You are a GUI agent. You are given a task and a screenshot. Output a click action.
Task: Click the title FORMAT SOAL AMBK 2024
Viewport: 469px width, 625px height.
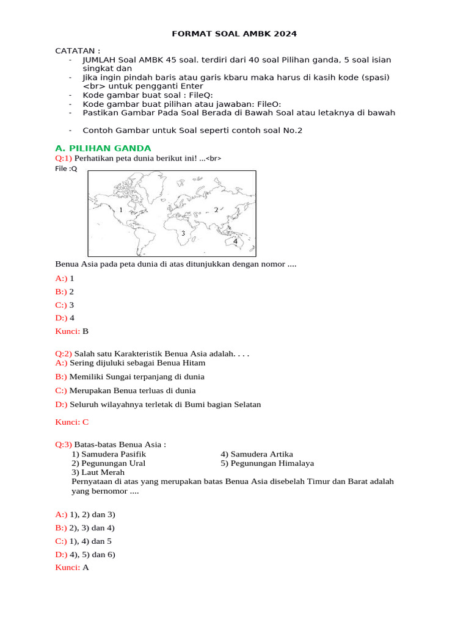[x=234, y=34]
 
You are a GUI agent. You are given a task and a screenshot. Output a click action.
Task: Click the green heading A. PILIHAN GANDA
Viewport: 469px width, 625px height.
[x=103, y=148]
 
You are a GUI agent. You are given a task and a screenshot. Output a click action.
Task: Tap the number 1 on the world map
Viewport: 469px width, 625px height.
[x=121, y=209]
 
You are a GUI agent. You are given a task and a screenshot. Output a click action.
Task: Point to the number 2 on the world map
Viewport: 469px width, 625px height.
[x=216, y=209]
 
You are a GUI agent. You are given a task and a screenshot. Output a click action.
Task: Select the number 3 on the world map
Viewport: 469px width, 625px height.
[x=183, y=233]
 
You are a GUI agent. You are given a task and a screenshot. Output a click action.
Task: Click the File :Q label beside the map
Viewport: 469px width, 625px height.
[x=67, y=168]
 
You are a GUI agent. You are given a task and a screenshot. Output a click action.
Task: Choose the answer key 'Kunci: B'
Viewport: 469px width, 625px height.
[x=72, y=331]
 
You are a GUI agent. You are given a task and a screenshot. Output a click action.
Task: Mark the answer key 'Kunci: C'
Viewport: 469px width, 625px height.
[x=72, y=421]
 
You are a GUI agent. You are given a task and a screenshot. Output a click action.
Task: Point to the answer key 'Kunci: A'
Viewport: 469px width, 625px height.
[x=72, y=568]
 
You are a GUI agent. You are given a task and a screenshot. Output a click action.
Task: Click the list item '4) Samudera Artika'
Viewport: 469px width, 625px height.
[x=257, y=453]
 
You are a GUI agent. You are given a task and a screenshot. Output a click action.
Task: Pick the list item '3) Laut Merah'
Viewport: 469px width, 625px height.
[x=98, y=472]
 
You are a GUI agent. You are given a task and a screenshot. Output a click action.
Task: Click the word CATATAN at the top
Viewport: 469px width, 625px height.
[x=78, y=50]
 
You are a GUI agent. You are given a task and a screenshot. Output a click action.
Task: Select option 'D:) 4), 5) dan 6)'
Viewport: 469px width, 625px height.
[x=85, y=554]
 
